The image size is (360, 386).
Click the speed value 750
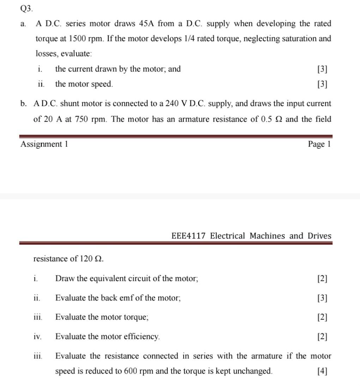click(x=81, y=119)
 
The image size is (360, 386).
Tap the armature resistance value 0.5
click(x=267, y=119)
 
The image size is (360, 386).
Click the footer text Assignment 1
click(x=44, y=144)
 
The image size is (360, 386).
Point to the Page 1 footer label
click(x=319, y=144)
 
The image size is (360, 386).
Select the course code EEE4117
click(x=188, y=236)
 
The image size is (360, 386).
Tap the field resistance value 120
click(x=86, y=259)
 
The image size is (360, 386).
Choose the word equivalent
click(x=106, y=278)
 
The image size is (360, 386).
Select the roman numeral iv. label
click(x=37, y=337)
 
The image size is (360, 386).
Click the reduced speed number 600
click(x=132, y=371)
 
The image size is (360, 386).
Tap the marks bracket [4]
click(x=322, y=371)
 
